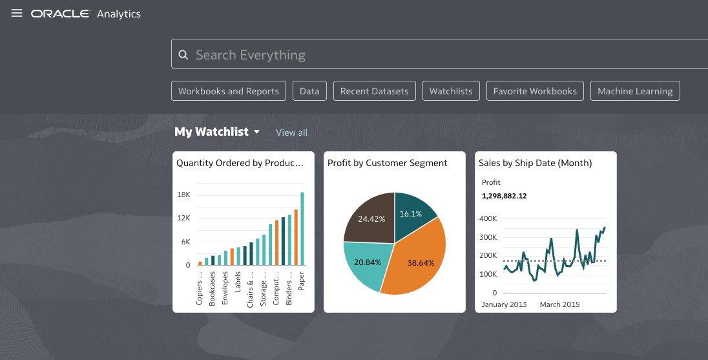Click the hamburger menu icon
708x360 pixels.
[17, 14]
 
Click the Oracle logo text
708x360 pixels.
[60, 14]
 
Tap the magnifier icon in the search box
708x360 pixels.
[183, 55]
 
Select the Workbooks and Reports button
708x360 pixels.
[229, 91]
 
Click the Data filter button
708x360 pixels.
[309, 91]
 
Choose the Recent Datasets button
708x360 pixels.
[374, 91]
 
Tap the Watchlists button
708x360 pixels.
[451, 91]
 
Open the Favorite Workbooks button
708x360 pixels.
[535, 91]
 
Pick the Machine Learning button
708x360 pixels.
[635, 91]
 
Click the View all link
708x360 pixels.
[291, 132]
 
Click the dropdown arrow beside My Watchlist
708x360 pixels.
[256, 132]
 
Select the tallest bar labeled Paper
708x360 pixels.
[302, 229]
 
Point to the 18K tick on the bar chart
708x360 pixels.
[183, 195]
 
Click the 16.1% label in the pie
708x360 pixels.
[410, 213]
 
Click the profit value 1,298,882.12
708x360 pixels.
[505, 195]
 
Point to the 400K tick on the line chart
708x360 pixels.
[488, 218]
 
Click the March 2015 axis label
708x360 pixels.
[559, 304]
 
